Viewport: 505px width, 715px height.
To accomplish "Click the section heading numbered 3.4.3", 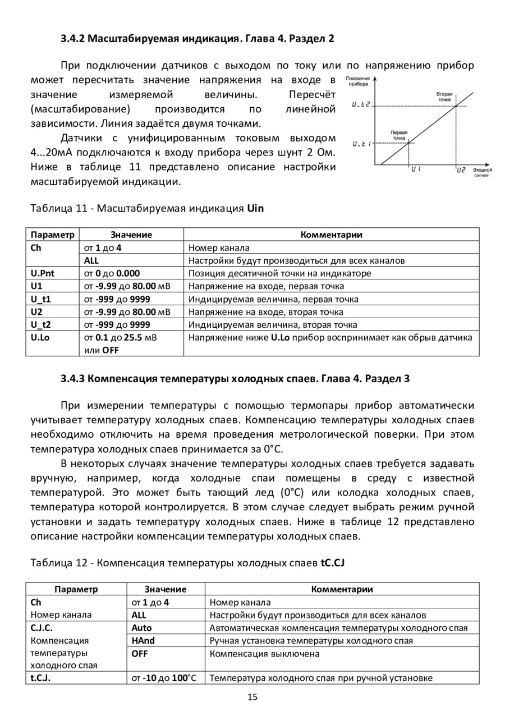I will point(235,378).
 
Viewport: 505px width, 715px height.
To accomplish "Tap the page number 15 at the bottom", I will point(252,697).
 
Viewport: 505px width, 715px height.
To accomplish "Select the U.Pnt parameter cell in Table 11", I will point(43,273).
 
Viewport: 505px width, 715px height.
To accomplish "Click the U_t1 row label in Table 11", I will point(40,299).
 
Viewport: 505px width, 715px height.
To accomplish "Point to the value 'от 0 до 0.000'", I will point(112,273).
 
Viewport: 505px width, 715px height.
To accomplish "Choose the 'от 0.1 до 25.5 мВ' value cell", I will point(121,338).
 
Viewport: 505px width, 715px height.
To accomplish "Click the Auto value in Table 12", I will point(141,628).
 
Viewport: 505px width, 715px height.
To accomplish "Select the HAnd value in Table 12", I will point(143,640).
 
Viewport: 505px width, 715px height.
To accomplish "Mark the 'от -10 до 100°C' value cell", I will point(164,678).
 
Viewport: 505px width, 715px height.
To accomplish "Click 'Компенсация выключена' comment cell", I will point(264,653).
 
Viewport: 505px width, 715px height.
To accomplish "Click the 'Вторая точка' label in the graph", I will point(444,97).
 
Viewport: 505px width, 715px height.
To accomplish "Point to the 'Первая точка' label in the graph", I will point(399,135).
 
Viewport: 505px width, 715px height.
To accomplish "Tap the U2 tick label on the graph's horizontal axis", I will point(461,169).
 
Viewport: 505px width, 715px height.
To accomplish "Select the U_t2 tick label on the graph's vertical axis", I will point(361,105).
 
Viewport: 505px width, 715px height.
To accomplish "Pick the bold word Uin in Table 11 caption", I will point(255,208).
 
